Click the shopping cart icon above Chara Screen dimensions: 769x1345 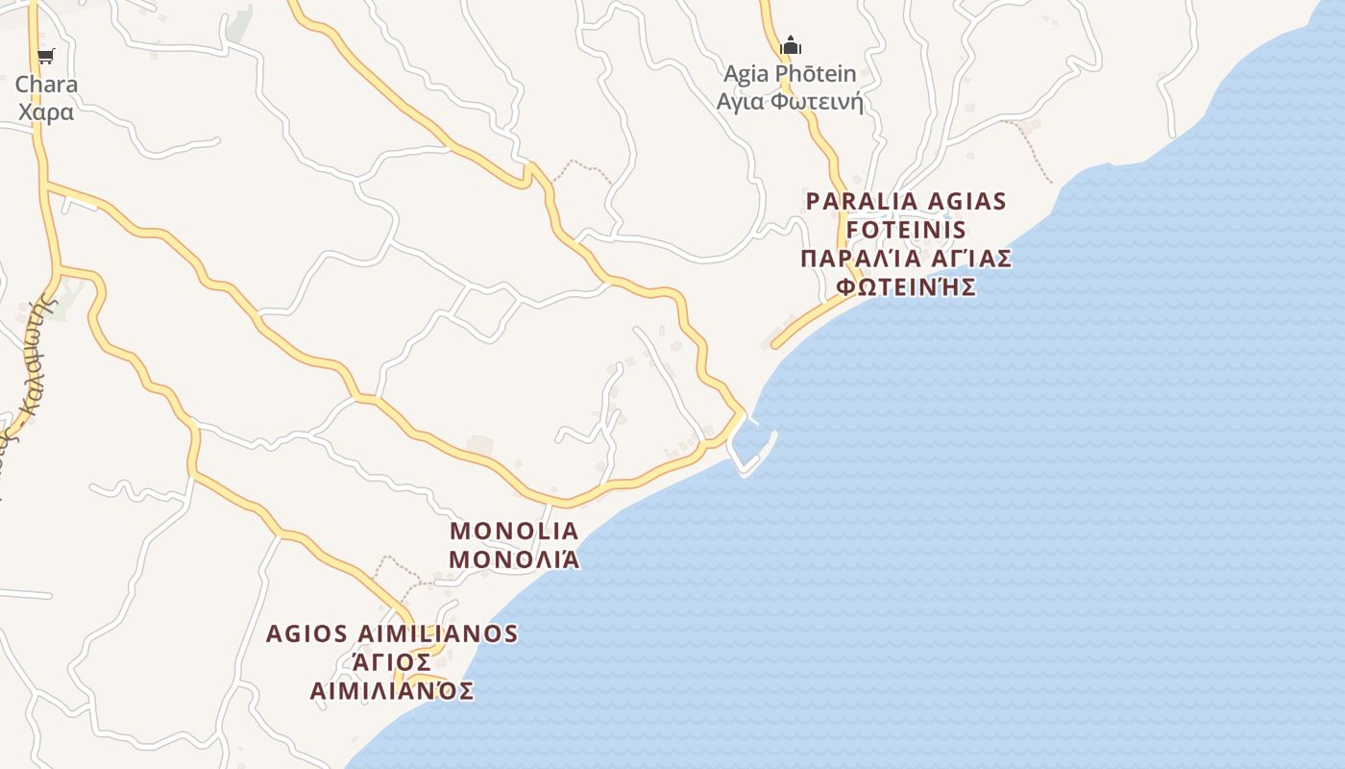(46, 56)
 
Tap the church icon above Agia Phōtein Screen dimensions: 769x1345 (791, 44)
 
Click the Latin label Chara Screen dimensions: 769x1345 (46, 84)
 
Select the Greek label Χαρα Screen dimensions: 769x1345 (46, 112)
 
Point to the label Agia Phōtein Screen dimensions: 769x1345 (790, 73)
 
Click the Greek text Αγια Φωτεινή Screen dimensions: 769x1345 (790, 101)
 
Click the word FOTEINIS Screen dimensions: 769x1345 (906, 231)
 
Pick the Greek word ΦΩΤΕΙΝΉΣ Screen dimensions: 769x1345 (906, 286)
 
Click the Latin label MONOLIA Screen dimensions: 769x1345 (514, 531)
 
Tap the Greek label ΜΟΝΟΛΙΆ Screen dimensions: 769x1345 (514, 558)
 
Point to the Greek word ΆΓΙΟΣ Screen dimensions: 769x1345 (392, 662)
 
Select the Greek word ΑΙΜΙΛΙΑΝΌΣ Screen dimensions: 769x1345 (392, 690)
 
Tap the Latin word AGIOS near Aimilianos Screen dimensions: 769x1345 (306, 634)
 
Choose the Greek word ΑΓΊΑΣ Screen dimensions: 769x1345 (971, 259)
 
